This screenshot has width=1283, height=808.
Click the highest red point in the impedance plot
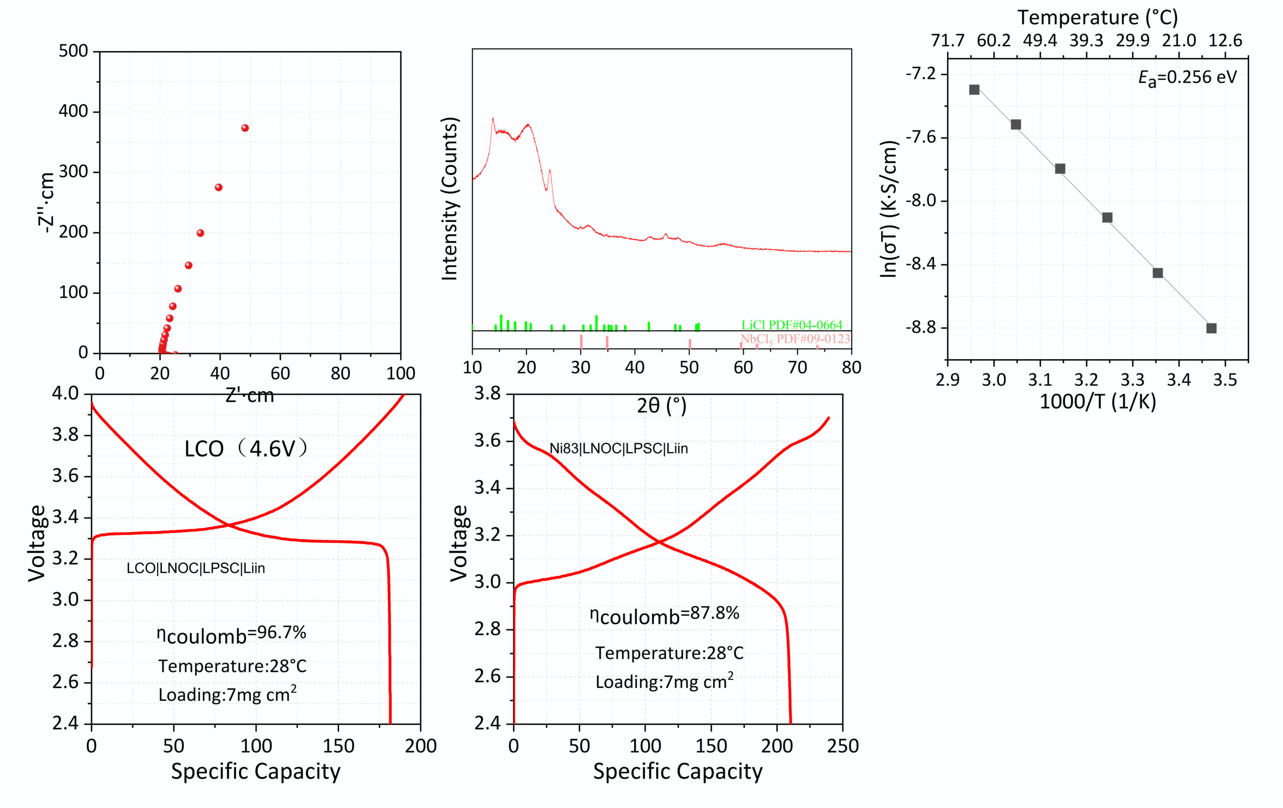pos(245,128)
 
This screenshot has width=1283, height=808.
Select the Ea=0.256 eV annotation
pos(1187,78)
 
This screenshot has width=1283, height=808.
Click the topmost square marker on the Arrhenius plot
pos(974,90)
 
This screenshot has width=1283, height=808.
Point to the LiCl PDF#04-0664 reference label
pos(792,325)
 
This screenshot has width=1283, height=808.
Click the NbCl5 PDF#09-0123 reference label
pos(795,339)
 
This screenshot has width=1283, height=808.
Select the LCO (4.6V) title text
pos(246,448)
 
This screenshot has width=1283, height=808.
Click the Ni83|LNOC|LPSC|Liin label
pos(618,448)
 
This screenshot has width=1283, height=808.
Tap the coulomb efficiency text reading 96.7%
pos(232,634)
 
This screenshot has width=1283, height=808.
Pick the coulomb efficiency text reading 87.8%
pos(665,615)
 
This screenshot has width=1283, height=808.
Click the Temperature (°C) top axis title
pos(1098,18)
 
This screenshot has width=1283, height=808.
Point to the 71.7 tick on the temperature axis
pos(947,41)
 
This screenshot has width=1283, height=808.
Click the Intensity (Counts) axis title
pos(450,198)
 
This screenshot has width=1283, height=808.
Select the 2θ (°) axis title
pos(662,406)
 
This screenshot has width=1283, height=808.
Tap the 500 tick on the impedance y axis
pos(73,51)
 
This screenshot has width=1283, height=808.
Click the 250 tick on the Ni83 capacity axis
pos(842,746)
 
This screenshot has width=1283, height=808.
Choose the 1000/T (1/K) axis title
pos(1098,402)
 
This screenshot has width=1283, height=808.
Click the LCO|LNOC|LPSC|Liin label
pos(195,569)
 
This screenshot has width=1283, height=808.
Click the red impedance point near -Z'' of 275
pos(219,187)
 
